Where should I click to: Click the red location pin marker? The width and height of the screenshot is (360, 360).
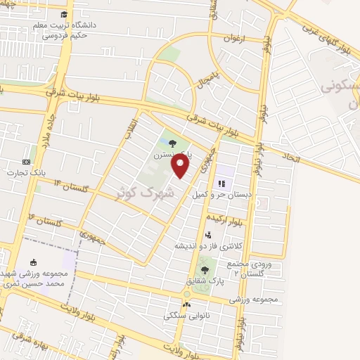(x=181, y=166)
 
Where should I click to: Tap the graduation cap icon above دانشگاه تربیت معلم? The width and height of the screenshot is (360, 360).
(x=64, y=14)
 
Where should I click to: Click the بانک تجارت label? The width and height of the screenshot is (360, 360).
(x=26, y=172)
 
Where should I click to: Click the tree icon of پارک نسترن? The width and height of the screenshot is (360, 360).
(x=173, y=143)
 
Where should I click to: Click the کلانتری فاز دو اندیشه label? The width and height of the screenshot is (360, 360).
(x=207, y=246)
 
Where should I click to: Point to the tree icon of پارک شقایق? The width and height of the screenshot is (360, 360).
(x=205, y=269)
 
